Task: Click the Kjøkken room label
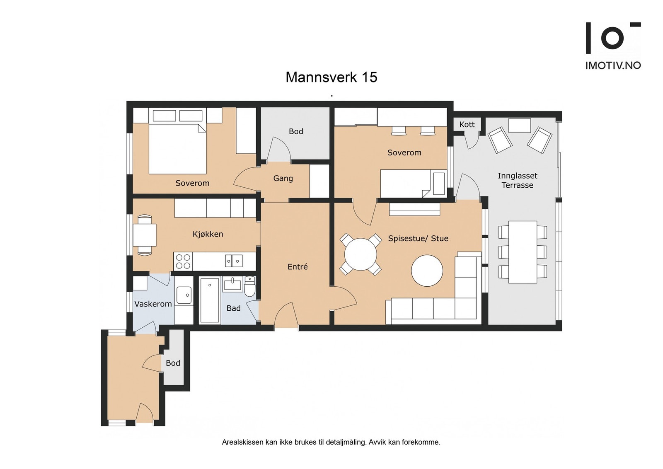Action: click(x=208, y=234)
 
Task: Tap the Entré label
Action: click(x=298, y=266)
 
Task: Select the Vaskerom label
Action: click(x=153, y=304)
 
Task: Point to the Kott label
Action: click(x=467, y=125)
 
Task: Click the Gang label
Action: click(x=283, y=179)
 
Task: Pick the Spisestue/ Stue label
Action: click(x=418, y=238)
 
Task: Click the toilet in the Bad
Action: click(x=250, y=286)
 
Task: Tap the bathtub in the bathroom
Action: click(x=210, y=300)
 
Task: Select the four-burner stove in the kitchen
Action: click(x=183, y=261)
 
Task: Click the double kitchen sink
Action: click(x=234, y=261)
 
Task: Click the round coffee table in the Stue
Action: click(x=427, y=271)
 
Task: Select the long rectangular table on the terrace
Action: click(x=523, y=252)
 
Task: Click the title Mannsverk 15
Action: click(x=331, y=77)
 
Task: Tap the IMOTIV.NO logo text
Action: click(x=613, y=65)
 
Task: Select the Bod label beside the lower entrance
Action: click(x=173, y=363)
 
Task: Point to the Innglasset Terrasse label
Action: click(x=518, y=181)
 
